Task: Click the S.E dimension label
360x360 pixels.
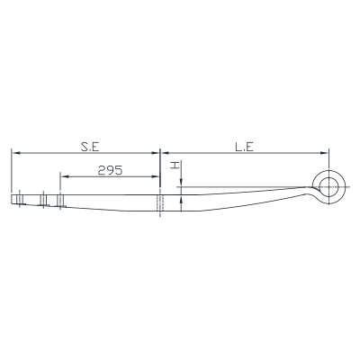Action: pos(90,147)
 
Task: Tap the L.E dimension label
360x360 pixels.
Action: pos(245,147)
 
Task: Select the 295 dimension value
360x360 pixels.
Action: pos(110,170)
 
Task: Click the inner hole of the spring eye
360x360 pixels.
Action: pos(329,187)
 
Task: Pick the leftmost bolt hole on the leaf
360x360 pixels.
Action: pos(20,200)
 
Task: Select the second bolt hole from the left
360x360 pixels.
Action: pos(43,200)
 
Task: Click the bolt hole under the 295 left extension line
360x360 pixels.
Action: pos(60,201)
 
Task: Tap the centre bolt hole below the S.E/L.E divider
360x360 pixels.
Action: pos(160,202)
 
